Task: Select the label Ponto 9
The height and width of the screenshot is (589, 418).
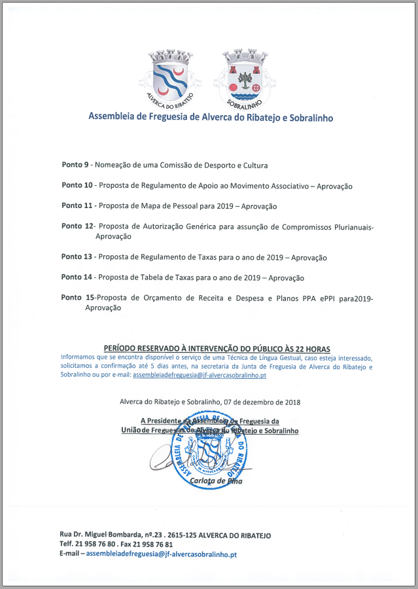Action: point(75,165)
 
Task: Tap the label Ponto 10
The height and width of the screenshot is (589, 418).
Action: point(77,186)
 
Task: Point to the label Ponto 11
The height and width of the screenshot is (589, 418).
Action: point(77,206)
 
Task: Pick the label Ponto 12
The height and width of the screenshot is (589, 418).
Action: point(77,226)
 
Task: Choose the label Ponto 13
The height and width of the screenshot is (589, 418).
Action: point(77,257)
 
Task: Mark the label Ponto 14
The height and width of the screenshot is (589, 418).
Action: point(77,277)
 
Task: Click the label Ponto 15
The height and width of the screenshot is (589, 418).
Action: point(78,298)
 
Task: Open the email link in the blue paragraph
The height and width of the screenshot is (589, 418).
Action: point(199,376)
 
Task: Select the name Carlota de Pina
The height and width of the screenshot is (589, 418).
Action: point(215,481)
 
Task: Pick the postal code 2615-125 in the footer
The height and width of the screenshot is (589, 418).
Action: point(186,535)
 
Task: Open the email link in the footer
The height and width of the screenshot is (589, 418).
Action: point(161,554)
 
